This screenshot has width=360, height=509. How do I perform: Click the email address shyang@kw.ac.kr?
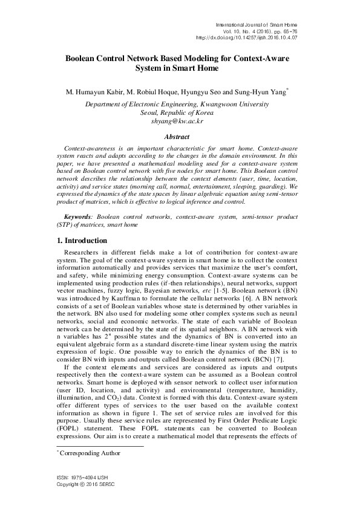coord(180,120)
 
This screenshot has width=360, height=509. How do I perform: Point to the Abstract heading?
coord(180,137)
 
